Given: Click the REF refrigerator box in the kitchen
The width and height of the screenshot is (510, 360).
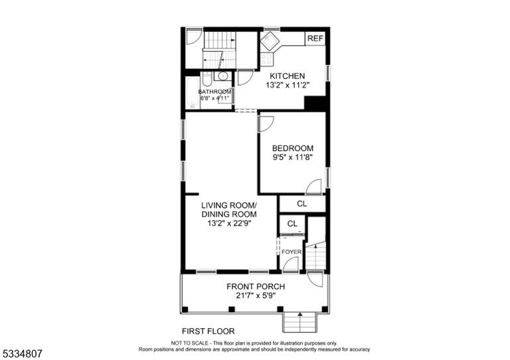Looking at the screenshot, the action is click(315, 39).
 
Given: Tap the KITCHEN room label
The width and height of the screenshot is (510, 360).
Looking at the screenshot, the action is click(288, 76).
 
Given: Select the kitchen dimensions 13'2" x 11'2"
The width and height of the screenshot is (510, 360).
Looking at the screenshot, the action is click(287, 85).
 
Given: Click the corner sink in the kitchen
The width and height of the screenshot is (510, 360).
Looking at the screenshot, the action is click(269, 42).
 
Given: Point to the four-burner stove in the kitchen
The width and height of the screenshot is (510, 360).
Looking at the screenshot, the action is click(267, 59).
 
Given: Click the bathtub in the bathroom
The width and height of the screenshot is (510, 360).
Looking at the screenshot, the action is click(193, 93).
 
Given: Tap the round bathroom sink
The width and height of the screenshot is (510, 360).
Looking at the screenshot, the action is click(223, 76).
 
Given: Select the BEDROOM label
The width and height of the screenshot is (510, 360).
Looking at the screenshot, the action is click(293, 148).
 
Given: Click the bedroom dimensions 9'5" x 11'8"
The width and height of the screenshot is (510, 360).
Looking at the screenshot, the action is click(293, 157).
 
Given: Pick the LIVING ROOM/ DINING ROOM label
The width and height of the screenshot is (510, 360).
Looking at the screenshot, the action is click(229, 210).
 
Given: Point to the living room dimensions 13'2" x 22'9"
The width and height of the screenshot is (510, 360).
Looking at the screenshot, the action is click(229, 223).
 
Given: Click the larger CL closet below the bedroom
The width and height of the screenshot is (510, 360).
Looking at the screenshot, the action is click(302, 204).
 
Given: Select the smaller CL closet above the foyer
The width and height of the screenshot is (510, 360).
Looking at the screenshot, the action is click(292, 224).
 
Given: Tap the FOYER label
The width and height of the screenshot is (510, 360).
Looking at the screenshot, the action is click(292, 252).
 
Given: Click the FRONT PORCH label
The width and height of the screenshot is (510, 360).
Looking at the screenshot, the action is click(256, 286).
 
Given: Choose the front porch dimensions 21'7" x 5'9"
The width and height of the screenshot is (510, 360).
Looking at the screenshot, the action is click(256, 296).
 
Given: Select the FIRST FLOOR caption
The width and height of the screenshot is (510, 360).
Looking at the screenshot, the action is click(208, 331).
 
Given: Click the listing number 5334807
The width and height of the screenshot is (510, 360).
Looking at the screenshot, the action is click(22, 353).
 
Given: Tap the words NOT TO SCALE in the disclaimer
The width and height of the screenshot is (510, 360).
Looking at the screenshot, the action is click(190, 343).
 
